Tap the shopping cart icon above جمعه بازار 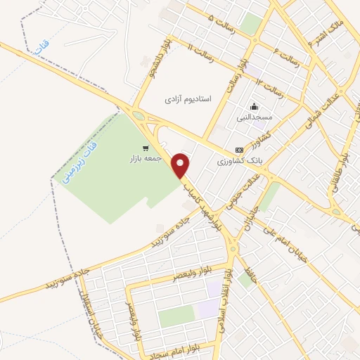coord(146,148)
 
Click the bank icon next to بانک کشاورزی coord(240,150)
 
